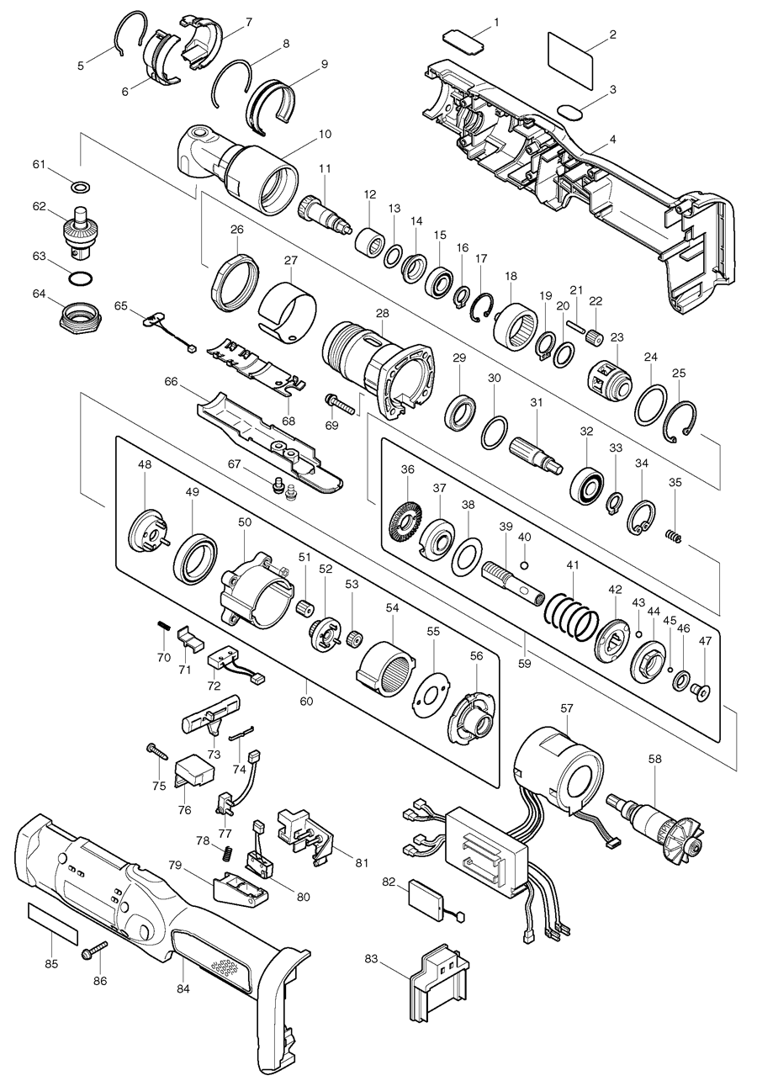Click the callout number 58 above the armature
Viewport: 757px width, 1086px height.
pyautogui.click(x=655, y=759)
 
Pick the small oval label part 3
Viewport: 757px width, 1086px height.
pyautogui.click(x=570, y=110)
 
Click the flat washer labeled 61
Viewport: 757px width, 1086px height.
pyautogui.click(x=81, y=186)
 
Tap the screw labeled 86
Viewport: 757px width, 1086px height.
pyautogui.click(x=94, y=951)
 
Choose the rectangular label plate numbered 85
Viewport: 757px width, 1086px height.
pyautogui.click(x=52, y=922)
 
